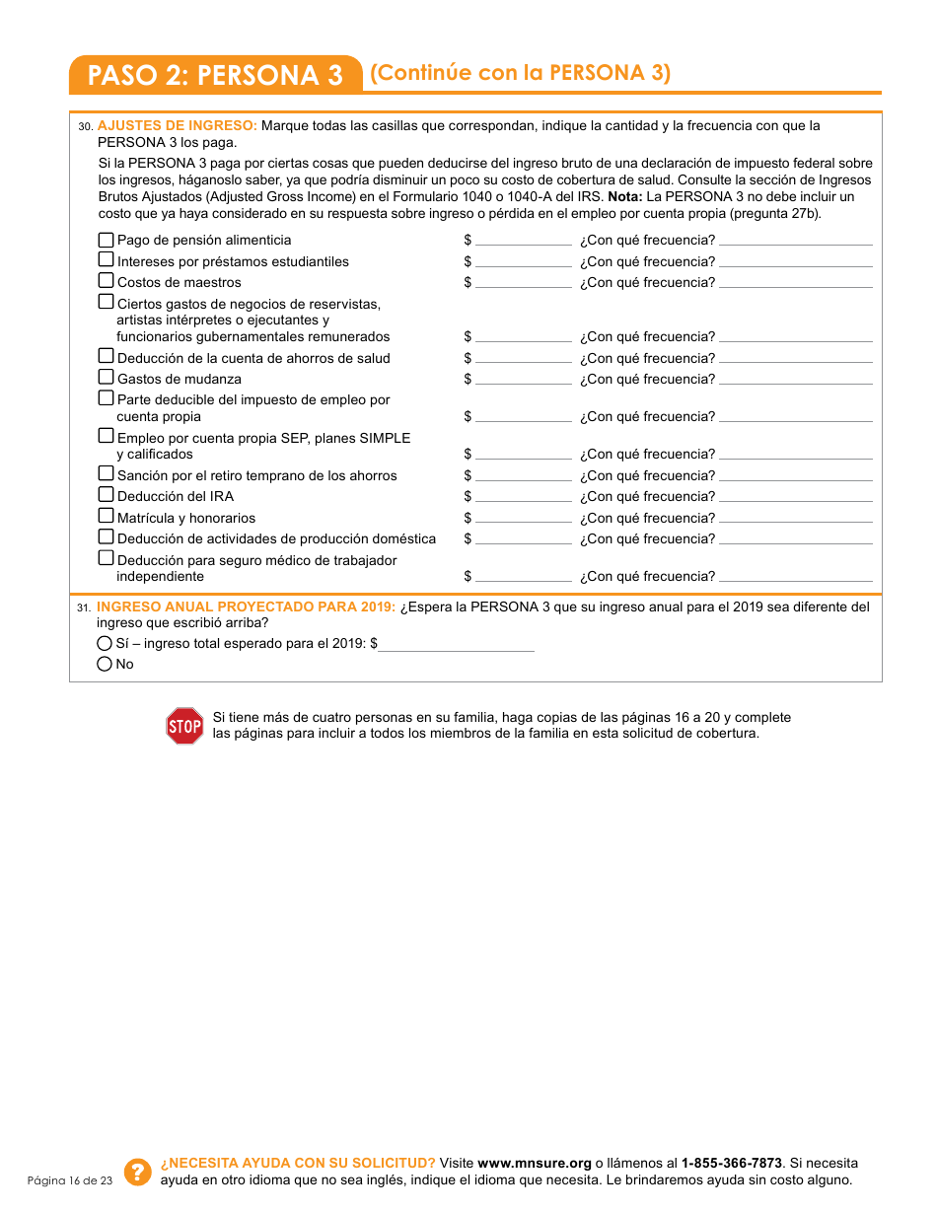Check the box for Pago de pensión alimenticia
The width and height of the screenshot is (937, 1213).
(x=106, y=240)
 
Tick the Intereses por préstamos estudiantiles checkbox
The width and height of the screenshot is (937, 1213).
(x=106, y=260)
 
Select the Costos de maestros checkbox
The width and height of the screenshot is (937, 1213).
(x=106, y=282)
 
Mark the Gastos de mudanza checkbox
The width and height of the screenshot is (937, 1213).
(x=106, y=378)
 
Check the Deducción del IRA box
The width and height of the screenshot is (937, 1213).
(x=106, y=495)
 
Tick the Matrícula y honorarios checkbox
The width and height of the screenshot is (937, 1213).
(x=106, y=517)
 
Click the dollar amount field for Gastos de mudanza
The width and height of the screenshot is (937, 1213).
(x=523, y=379)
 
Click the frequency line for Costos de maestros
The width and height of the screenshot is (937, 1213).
(x=795, y=283)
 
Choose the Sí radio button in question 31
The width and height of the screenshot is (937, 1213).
(x=105, y=643)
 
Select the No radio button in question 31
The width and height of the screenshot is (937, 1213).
(x=105, y=665)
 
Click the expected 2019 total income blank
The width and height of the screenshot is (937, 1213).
(x=457, y=644)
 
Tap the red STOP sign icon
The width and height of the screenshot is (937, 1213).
(x=184, y=726)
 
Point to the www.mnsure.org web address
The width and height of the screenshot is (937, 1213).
(x=534, y=1163)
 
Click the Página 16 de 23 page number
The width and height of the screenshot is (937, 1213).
(x=70, y=1180)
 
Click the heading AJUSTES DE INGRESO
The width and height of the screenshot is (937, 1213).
(x=178, y=125)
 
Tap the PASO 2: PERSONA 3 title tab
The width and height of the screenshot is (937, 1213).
(x=215, y=75)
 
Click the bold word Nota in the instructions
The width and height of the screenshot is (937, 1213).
(x=624, y=196)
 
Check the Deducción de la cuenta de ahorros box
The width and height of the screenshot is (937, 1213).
(x=106, y=357)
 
